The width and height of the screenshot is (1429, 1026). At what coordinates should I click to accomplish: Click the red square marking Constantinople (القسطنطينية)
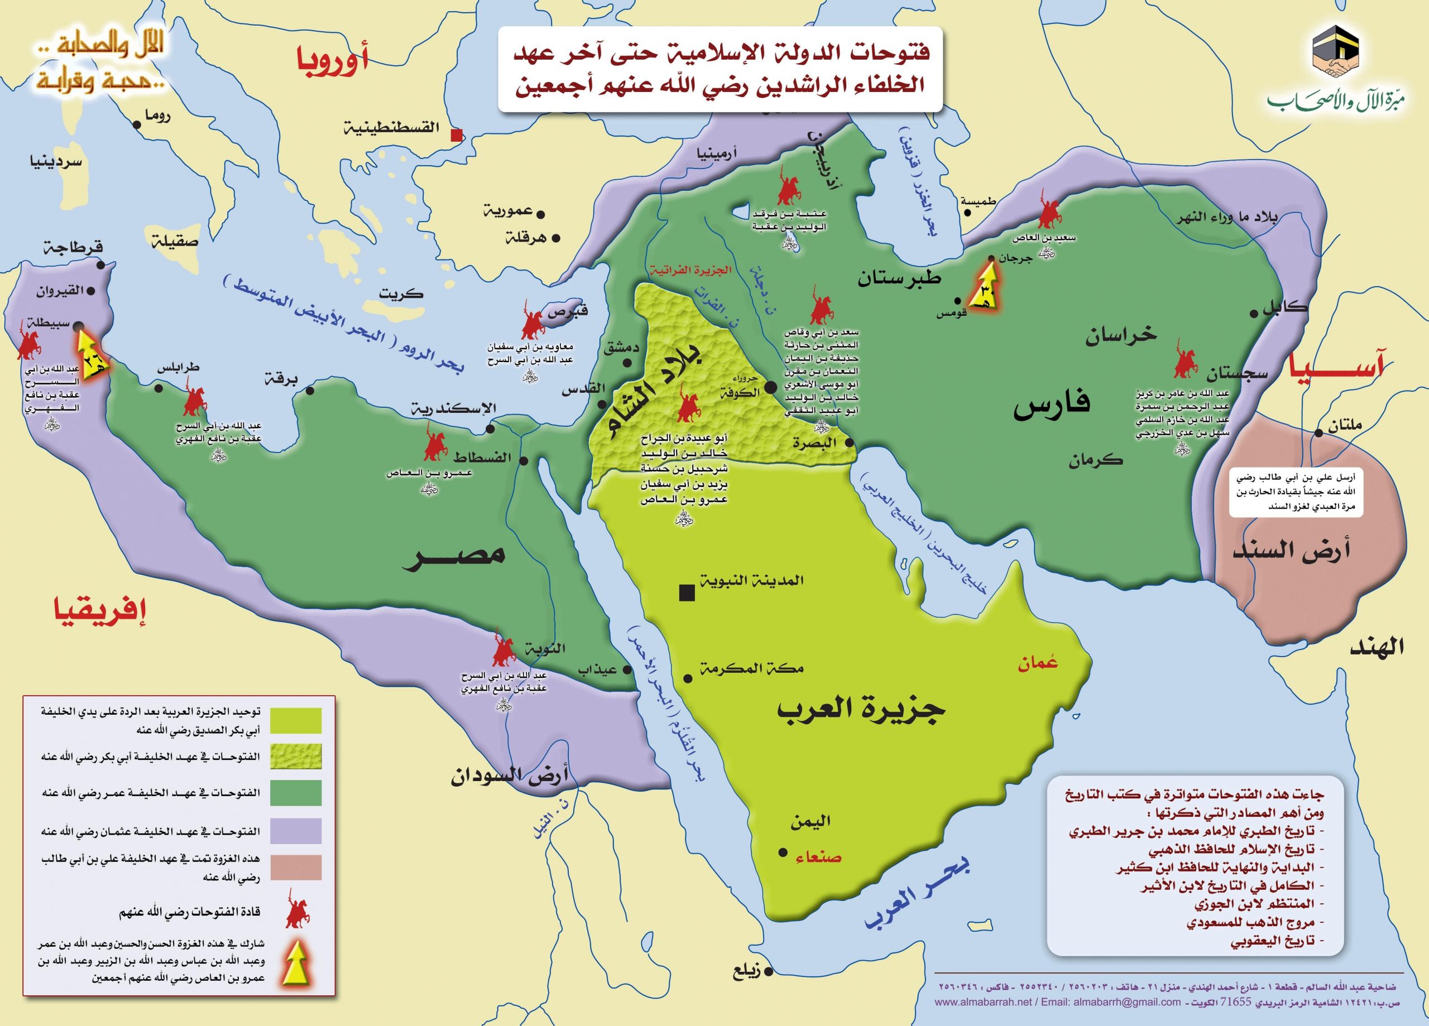457,135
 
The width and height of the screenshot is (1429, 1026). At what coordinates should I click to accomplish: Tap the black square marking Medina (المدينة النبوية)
686,593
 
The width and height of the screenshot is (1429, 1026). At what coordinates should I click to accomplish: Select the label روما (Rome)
157,115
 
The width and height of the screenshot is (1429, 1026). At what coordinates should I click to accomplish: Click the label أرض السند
1292,551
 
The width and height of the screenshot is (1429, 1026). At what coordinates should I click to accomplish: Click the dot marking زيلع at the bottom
769,972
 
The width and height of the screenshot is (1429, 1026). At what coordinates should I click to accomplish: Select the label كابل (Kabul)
1286,309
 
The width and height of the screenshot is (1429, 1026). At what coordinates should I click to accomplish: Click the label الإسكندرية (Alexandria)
454,409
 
